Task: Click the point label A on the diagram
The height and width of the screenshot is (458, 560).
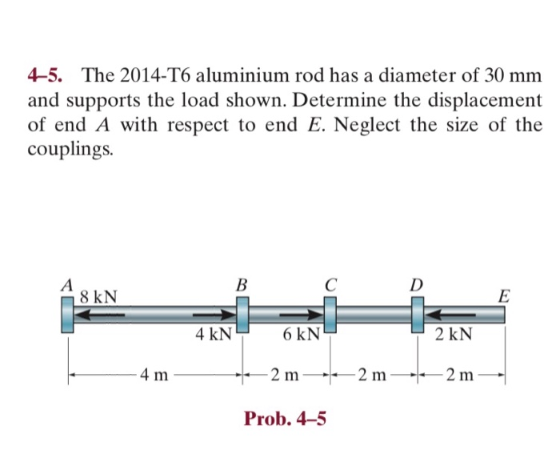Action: point(67,284)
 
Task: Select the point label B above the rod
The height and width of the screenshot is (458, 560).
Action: point(243,284)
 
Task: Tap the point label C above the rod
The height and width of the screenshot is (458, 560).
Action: point(330,284)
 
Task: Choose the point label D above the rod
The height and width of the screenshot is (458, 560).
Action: point(416,284)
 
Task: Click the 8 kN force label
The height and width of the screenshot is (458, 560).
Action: point(98,297)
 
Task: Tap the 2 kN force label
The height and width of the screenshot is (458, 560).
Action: point(454,333)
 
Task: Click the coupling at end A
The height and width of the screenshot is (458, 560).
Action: point(67,313)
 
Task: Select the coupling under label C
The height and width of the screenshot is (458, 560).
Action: point(330,313)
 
